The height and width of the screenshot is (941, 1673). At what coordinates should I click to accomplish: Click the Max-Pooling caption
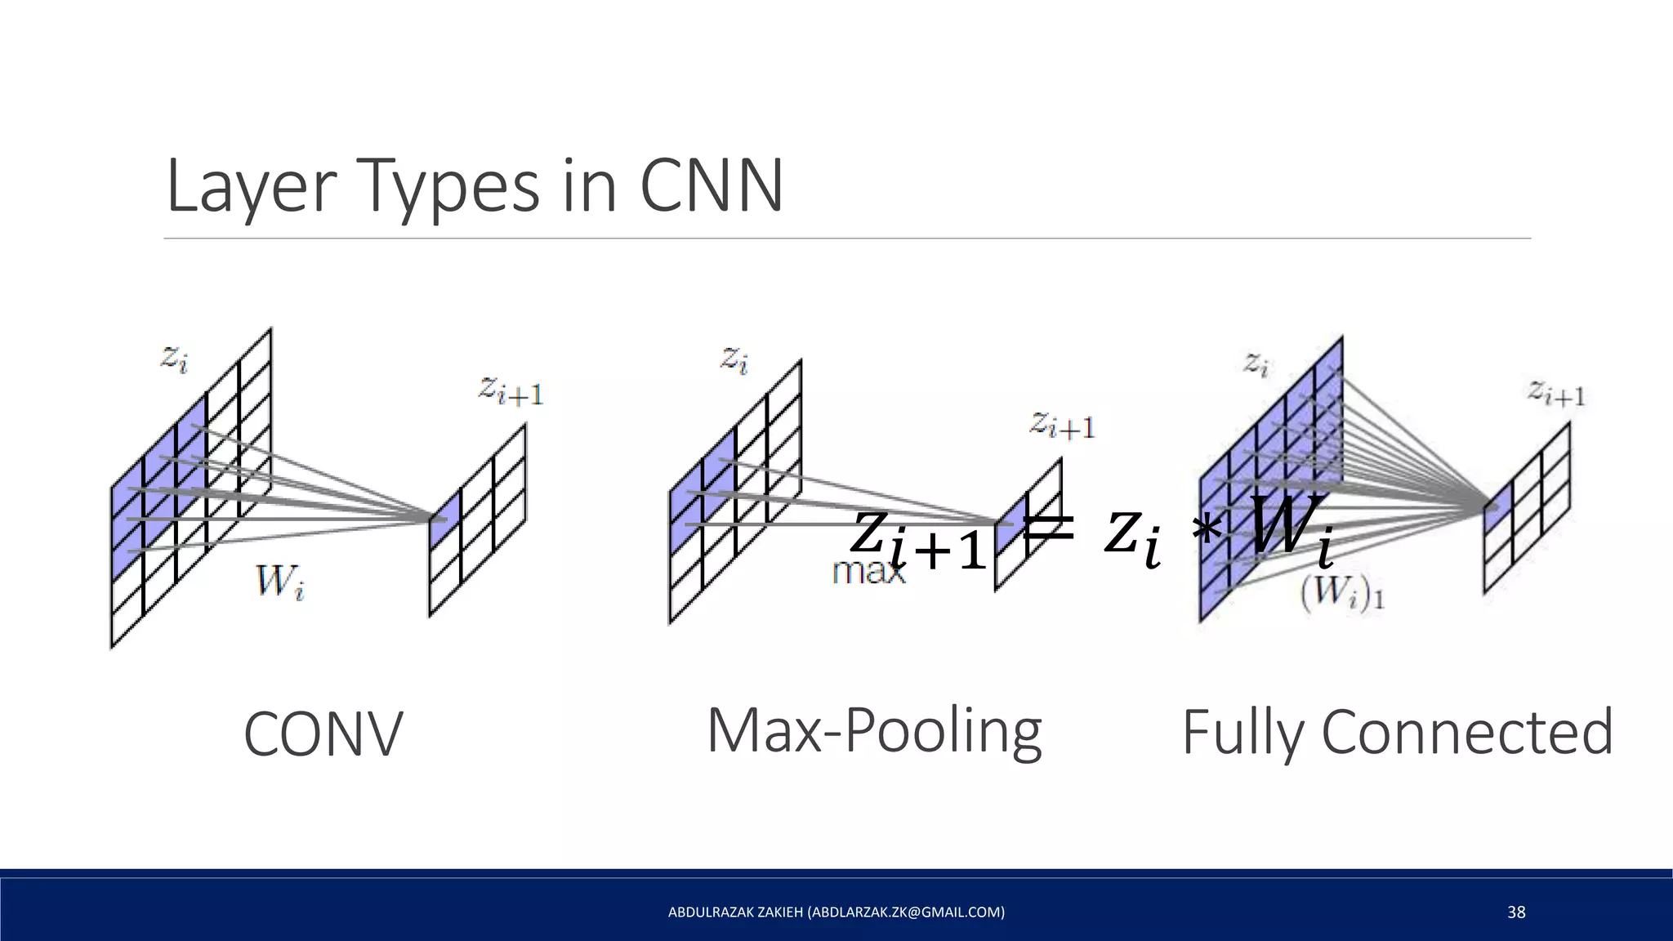click(x=874, y=729)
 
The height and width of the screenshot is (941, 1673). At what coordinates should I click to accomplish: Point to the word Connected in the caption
click(x=1466, y=732)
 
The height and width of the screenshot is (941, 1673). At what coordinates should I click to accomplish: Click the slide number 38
click(x=1516, y=912)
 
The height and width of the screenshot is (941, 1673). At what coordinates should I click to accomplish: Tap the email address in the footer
click(x=906, y=912)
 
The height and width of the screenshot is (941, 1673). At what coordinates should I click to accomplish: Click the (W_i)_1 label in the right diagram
click(x=1341, y=595)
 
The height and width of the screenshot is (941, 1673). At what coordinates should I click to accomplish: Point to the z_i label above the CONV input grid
click(x=174, y=359)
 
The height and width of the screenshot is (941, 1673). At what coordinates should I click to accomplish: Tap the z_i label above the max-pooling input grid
click(x=734, y=359)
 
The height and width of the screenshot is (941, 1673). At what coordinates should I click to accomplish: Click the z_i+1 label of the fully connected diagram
click(x=1557, y=394)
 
